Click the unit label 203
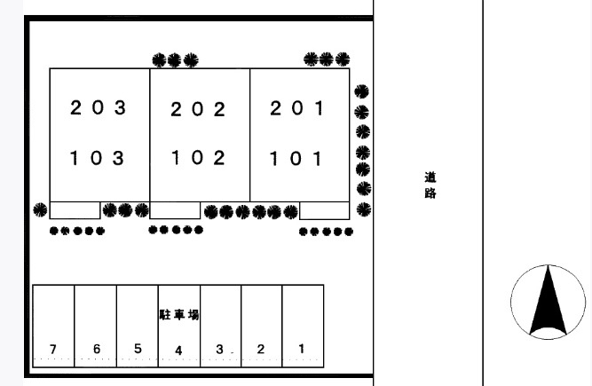[x=98, y=107]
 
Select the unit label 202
[x=198, y=109]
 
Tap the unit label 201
[x=297, y=108]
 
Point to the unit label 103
[x=97, y=158]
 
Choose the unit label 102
[x=198, y=157]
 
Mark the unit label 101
[x=296, y=159]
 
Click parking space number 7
[x=53, y=349]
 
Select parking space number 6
[x=97, y=349]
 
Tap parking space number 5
[x=138, y=348]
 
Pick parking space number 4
[x=178, y=351]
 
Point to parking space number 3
[x=219, y=350]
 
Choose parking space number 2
[x=261, y=349]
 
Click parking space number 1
[x=301, y=349]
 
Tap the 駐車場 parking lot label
[x=179, y=315]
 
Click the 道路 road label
[x=430, y=185]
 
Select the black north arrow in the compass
[x=549, y=302]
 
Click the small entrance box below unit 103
[x=75, y=210]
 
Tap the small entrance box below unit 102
[x=175, y=210]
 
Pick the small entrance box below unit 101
[x=324, y=210]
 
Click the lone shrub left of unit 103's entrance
[x=40, y=209]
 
